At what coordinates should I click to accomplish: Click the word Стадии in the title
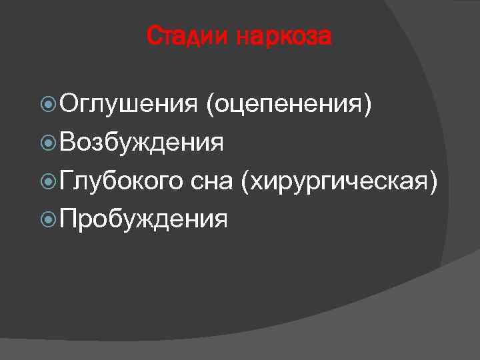pyautogui.click(x=187, y=37)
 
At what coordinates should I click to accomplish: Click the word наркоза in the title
pyautogui.click(x=283, y=37)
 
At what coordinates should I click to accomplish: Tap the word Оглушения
pyautogui.click(x=127, y=104)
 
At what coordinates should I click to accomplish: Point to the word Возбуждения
pyautogui.click(x=141, y=142)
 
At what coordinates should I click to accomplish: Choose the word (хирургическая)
pyautogui.click(x=340, y=181)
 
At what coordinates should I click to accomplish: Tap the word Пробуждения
pyautogui.click(x=143, y=219)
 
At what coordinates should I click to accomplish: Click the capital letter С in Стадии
pyautogui.click(x=153, y=37)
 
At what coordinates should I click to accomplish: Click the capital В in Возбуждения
pyautogui.click(x=67, y=142)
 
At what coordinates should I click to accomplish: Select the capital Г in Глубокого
pyautogui.click(x=66, y=180)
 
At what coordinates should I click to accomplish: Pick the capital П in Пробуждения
pyautogui.click(x=67, y=219)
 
